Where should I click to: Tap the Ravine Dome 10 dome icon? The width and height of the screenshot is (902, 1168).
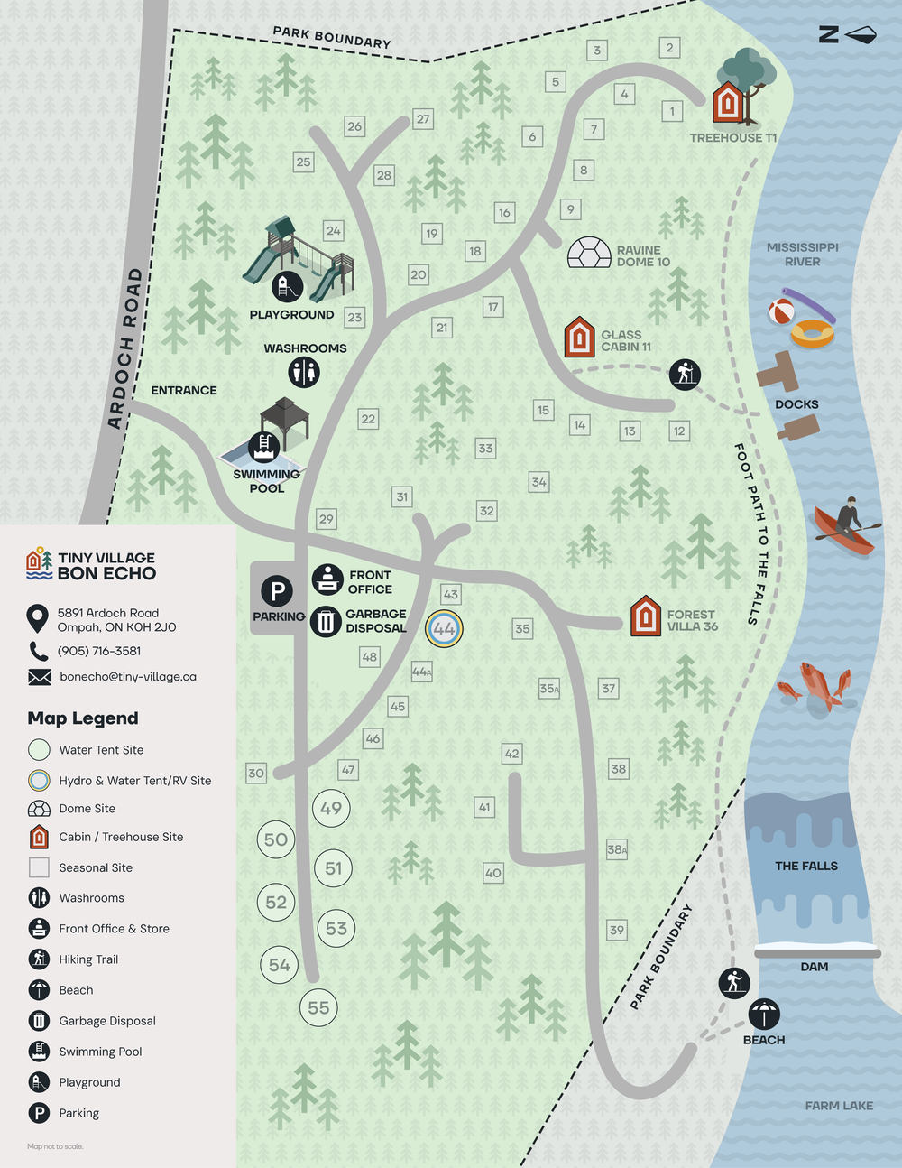[589, 253]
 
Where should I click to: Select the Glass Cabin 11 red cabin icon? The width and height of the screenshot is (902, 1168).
[579, 337]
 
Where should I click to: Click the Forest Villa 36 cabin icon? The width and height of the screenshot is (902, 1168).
[645, 616]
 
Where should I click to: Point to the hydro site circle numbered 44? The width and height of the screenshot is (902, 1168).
[444, 628]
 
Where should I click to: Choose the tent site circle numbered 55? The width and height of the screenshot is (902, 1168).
[318, 1007]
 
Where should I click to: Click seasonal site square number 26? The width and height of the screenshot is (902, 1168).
[354, 126]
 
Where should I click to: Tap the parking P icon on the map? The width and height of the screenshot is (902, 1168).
[277, 591]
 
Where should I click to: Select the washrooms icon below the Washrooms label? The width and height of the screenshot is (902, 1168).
[304, 371]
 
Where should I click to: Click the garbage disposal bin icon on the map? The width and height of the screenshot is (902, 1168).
[326, 621]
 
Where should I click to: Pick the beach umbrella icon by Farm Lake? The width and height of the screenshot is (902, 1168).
[764, 1014]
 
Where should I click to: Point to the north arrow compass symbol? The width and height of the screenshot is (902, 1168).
[847, 34]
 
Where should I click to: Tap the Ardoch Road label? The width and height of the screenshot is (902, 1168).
[124, 348]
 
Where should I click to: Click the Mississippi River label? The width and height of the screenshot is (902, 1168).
[802, 254]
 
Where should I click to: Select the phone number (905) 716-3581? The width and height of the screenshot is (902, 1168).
[99, 651]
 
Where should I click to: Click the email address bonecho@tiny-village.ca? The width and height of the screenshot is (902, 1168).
[128, 676]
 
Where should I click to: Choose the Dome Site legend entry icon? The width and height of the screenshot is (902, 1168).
[39, 809]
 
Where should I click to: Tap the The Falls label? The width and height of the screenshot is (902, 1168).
[805, 866]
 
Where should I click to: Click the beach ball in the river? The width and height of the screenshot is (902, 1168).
[781, 312]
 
